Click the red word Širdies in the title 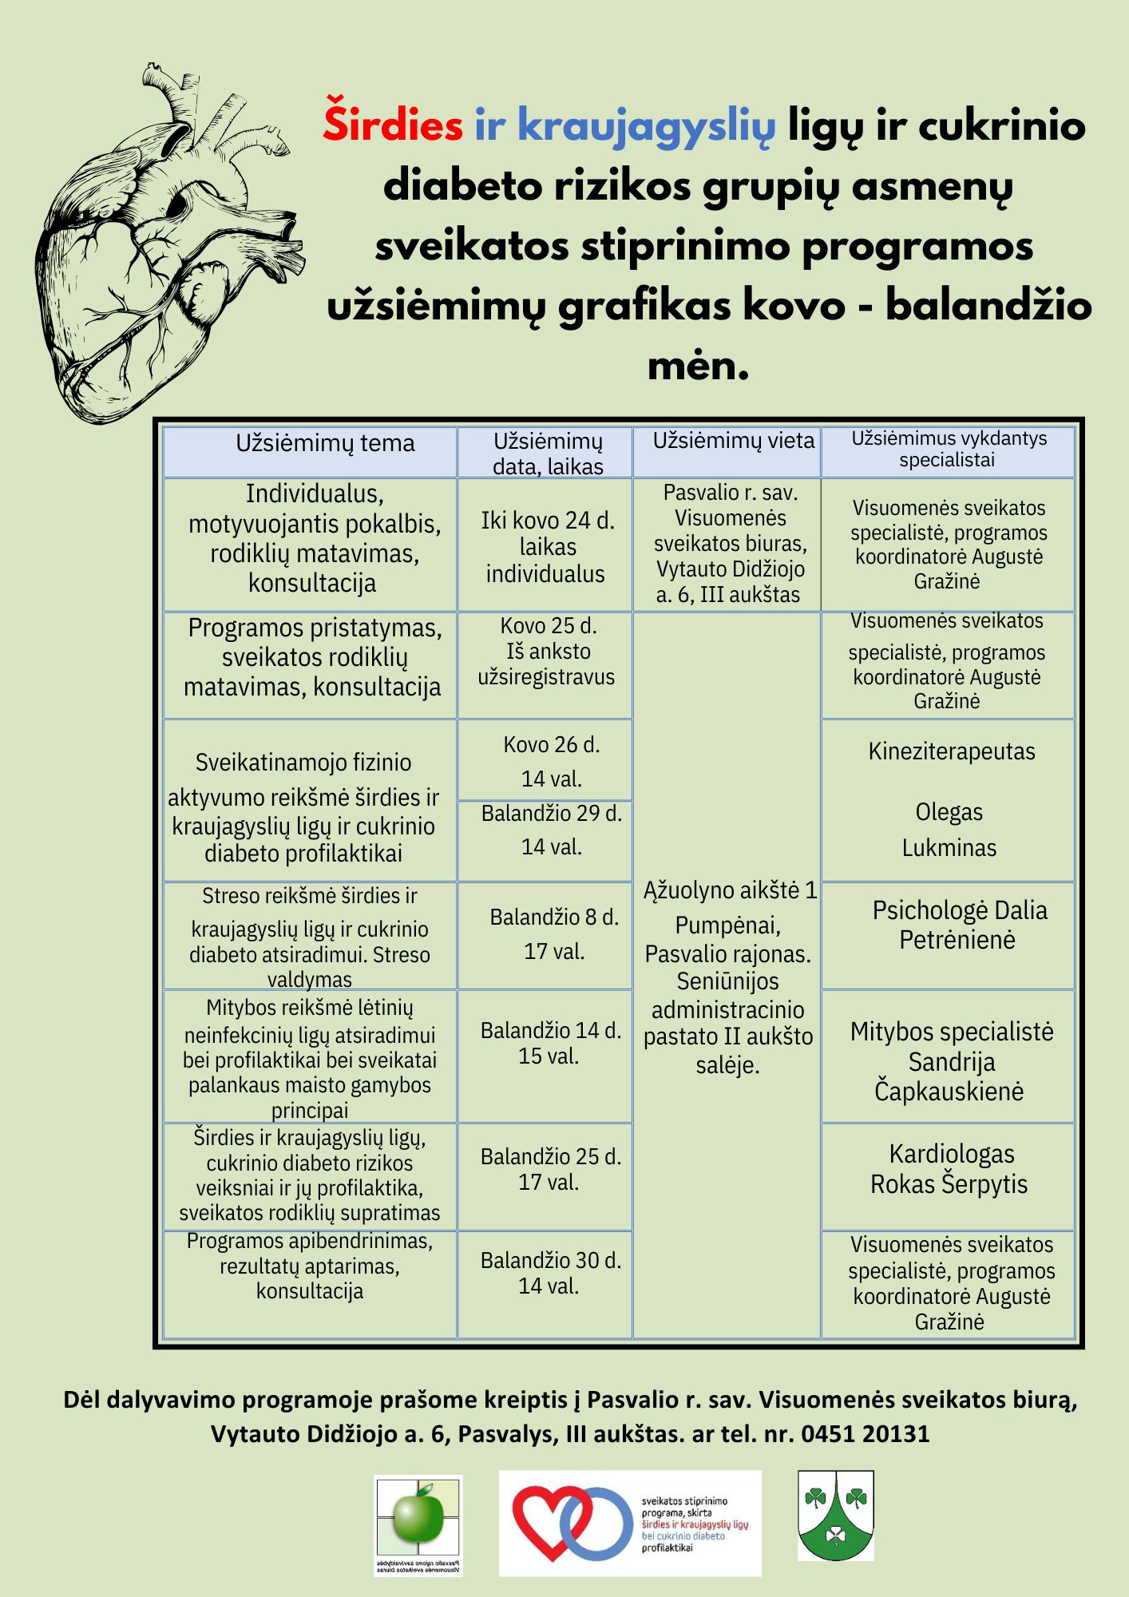(x=393, y=126)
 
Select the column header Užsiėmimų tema (x=325, y=444)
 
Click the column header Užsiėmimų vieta (x=733, y=441)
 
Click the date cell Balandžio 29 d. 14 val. (x=551, y=830)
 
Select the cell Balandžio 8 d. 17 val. (x=554, y=934)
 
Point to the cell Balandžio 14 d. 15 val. (x=550, y=1043)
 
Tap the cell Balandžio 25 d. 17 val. (x=550, y=1169)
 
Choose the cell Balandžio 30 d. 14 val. (x=550, y=1273)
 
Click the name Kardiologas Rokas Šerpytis (x=949, y=1169)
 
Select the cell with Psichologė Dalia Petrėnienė (x=958, y=925)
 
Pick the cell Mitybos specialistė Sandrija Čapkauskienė (x=950, y=1061)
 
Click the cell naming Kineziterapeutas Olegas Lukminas (x=950, y=799)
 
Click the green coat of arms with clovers (x=835, y=1515)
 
